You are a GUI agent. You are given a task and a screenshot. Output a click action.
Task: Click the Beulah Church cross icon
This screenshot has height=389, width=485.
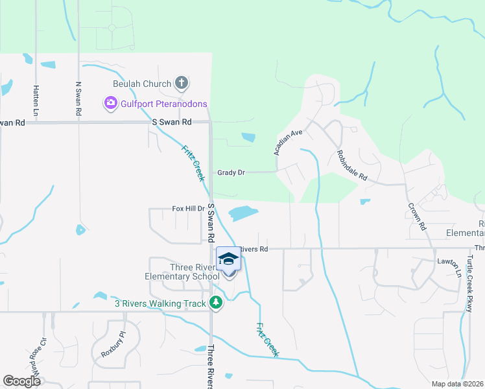(x=182, y=83)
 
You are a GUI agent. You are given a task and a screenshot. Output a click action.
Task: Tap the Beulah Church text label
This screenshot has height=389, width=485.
(x=142, y=84)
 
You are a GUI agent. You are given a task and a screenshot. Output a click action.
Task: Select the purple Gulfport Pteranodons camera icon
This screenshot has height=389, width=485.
(x=110, y=103)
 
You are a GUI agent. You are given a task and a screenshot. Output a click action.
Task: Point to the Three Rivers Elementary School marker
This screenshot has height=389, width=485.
(x=228, y=260)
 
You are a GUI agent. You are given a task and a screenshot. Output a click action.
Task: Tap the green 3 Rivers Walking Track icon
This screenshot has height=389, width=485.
(x=217, y=303)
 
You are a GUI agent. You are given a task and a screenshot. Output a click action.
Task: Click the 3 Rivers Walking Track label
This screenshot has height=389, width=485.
(x=160, y=303)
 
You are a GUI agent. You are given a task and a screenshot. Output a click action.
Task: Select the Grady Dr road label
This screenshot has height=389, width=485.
(x=231, y=173)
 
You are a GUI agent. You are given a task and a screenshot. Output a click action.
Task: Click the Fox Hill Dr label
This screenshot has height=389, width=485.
(x=188, y=209)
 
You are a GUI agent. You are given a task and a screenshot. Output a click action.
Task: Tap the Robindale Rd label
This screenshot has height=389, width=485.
(x=352, y=166)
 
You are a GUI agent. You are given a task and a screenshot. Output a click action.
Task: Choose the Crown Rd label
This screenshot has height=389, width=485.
(x=416, y=217)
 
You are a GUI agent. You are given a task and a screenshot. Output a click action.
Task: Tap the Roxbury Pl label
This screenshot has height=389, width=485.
(x=112, y=345)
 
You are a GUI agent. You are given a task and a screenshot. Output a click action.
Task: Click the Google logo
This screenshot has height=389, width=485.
(x=22, y=381)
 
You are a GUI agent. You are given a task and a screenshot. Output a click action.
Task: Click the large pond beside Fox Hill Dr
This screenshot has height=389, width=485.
(x=241, y=213)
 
